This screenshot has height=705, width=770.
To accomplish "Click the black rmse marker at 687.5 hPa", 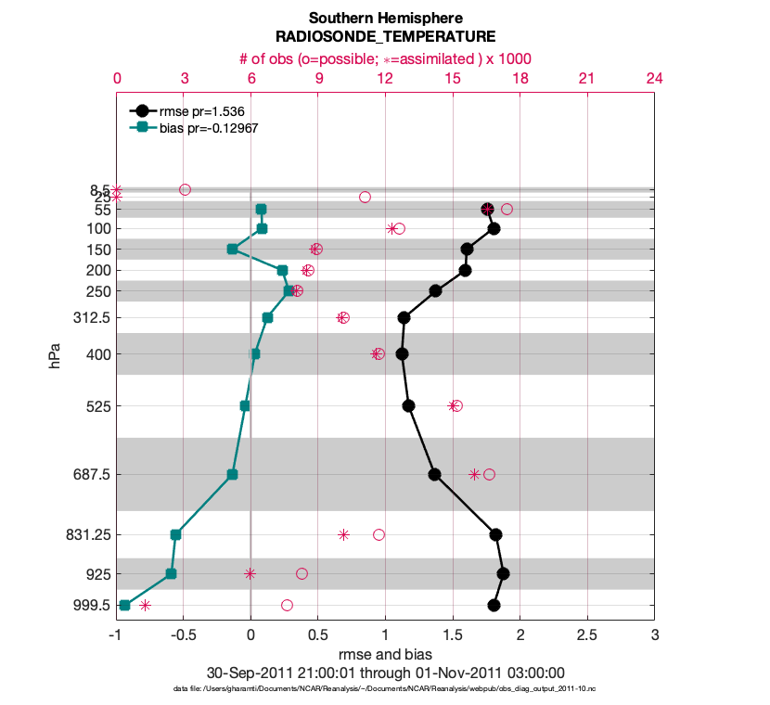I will [434, 474].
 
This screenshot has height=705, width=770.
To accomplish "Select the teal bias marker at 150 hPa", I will [233, 249].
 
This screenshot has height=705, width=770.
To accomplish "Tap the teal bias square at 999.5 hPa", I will [125, 605].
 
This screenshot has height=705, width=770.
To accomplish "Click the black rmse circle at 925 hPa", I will [503, 573].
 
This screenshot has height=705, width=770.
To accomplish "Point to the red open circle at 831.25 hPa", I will [379, 534].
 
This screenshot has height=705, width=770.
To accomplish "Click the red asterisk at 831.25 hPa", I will [343, 534].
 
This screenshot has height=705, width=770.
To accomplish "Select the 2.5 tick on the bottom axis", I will [587, 635].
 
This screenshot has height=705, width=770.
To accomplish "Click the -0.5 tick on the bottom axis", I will [184, 635].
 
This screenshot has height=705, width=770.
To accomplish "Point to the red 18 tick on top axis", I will [520, 79].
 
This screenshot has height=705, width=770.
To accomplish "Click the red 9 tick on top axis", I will [318, 79].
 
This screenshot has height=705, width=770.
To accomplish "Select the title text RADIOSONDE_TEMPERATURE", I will [385, 37].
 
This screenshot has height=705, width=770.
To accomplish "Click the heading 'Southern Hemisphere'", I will [385, 19].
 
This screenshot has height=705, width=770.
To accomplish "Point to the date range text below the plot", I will [385, 673].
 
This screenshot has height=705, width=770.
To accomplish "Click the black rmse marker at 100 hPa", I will [494, 228].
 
